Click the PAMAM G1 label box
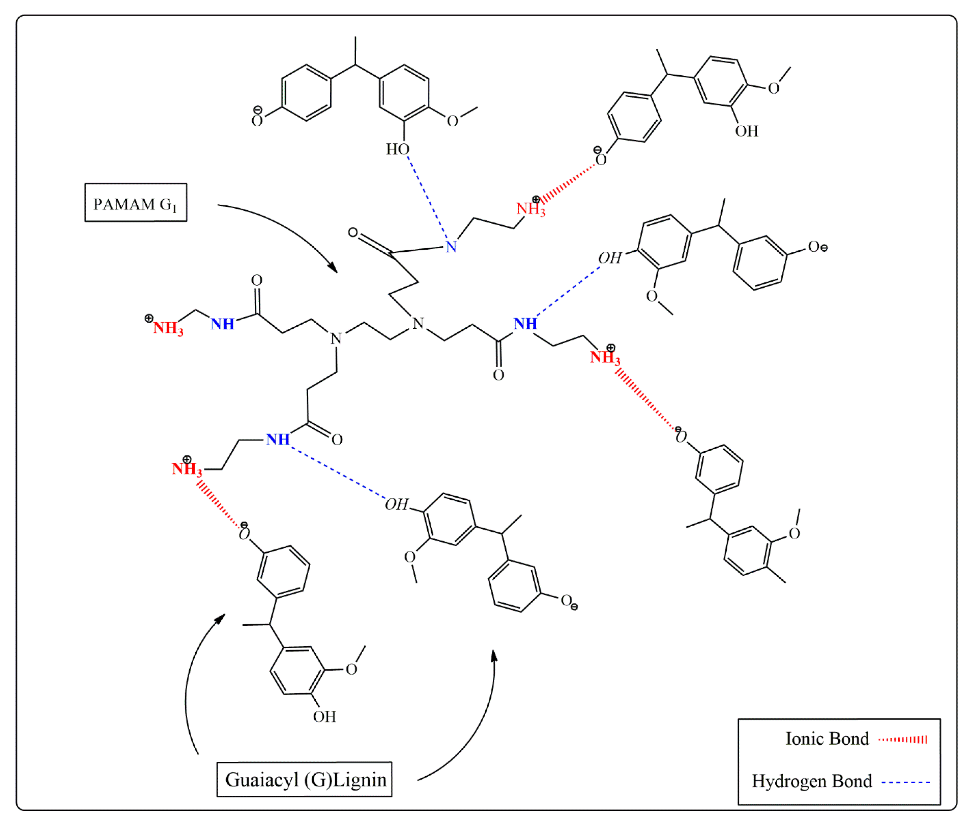(136, 202)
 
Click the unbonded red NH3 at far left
(167, 327)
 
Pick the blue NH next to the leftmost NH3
(222, 324)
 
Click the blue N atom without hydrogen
(451, 247)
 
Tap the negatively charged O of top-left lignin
(257, 120)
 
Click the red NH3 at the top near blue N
(530, 208)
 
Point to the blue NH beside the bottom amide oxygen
(277, 440)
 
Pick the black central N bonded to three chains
(418, 324)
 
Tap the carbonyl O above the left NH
(256, 280)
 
